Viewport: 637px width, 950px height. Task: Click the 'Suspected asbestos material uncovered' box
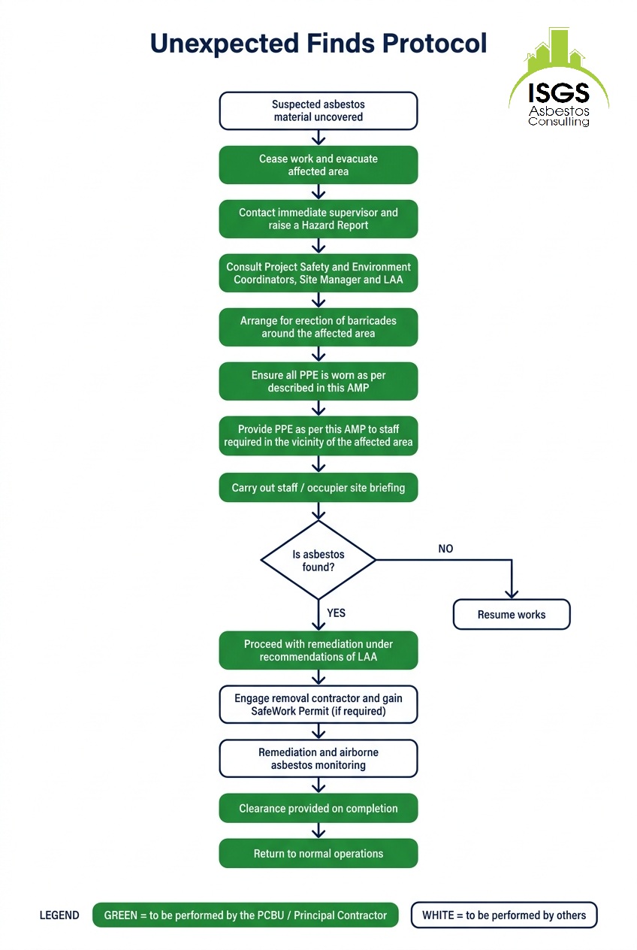318,110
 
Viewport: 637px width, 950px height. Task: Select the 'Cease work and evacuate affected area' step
318,165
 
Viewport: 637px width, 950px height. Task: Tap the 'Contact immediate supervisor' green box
318,219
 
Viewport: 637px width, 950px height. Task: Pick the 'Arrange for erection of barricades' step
318,327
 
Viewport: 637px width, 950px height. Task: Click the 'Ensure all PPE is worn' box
318,381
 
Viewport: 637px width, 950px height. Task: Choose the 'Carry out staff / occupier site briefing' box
318,488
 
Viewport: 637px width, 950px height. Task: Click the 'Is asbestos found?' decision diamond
318,560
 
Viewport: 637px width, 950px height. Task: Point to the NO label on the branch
445,549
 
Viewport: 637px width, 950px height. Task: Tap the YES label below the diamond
336,613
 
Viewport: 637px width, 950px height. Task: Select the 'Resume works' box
512,614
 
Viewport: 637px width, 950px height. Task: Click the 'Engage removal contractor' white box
318,704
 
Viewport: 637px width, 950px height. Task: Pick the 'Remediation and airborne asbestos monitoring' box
318,758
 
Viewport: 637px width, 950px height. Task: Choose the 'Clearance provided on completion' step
318,809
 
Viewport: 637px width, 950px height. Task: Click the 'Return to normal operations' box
318,853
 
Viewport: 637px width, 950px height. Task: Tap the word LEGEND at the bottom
59,915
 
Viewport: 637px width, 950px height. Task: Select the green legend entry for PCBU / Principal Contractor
246,915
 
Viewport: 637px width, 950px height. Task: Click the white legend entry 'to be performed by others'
504,915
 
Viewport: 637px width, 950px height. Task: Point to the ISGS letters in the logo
559,92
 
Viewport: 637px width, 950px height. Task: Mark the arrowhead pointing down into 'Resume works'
512,595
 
